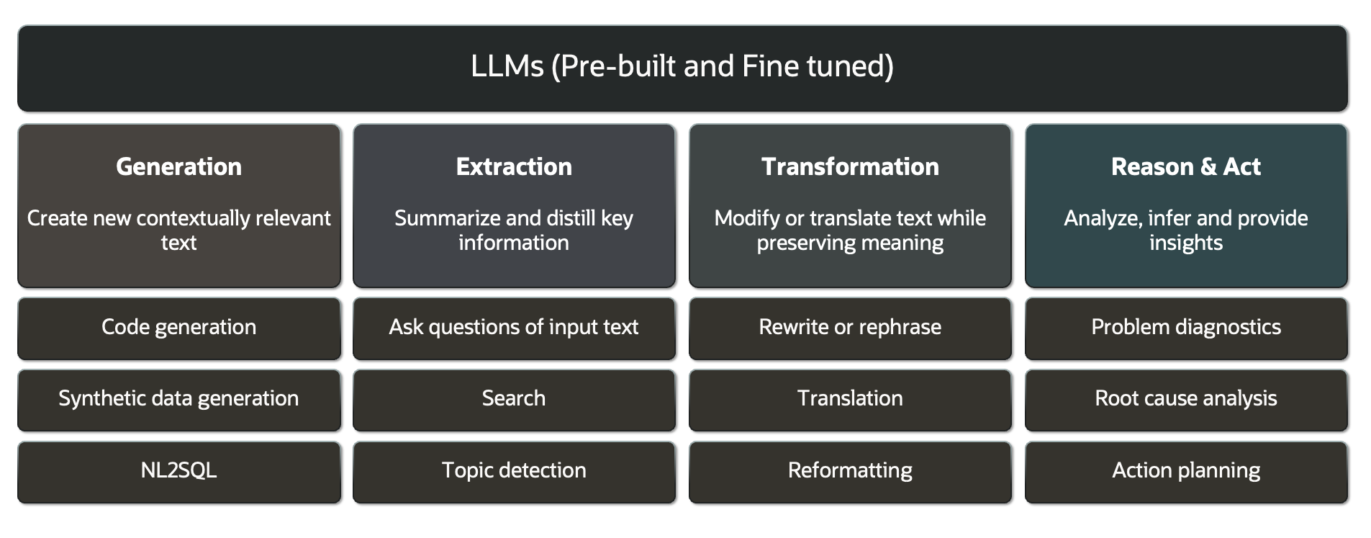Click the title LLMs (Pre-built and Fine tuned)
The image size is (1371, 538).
click(682, 66)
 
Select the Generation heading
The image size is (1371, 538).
click(178, 166)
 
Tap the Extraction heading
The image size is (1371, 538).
click(514, 166)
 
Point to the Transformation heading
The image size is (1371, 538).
click(850, 166)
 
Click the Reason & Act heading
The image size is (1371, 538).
click(1185, 166)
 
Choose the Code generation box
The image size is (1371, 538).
click(178, 327)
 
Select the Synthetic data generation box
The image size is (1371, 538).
click(178, 398)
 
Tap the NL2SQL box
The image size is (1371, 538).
click(178, 470)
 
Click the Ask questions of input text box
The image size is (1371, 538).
click(514, 327)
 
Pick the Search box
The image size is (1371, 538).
click(514, 398)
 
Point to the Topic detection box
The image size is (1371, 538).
click(514, 470)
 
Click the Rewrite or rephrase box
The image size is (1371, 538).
click(850, 327)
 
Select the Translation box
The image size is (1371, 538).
click(850, 398)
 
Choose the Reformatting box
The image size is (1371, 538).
click(850, 470)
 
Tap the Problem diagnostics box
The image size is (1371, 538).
click(1185, 327)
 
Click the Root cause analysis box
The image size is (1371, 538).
click(1185, 398)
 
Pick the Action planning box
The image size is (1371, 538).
click(1185, 470)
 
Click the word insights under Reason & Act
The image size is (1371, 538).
click(1185, 243)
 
